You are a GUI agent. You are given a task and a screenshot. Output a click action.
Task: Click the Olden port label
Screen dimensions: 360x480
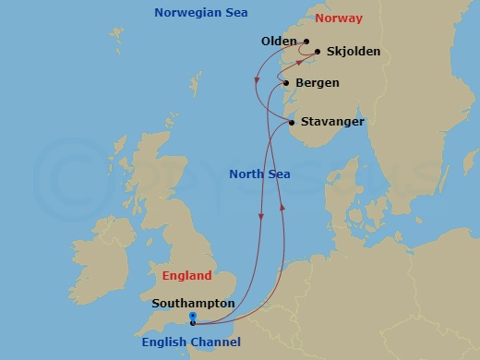pyautogui.click(x=279, y=42)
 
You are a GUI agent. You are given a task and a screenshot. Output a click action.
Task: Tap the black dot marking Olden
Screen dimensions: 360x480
pyautogui.click(x=306, y=42)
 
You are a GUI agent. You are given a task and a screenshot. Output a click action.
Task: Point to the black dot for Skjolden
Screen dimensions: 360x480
pyautogui.click(x=318, y=53)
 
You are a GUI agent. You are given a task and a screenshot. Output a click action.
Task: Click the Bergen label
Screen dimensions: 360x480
pyautogui.click(x=317, y=83)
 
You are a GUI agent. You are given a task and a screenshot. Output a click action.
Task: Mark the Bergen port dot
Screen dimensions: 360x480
pyautogui.click(x=288, y=84)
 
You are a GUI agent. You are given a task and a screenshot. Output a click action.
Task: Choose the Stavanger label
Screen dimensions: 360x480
pyautogui.click(x=332, y=122)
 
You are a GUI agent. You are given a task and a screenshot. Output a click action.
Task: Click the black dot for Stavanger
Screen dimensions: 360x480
pyautogui.click(x=292, y=123)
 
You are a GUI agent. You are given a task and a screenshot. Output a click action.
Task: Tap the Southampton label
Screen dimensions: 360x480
pyautogui.click(x=193, y=303)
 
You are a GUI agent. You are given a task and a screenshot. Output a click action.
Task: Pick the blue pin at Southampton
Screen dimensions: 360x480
pyautogui.click(x=192, y=319)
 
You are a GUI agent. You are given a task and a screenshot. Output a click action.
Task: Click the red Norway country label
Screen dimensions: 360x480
pyautogui.click(x=339, y=18)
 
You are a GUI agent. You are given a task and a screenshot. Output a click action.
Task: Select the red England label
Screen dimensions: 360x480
pyautogui.click(x=186, y=275)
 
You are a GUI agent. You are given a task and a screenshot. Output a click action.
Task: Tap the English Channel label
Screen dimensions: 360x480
pyautogui.click(x=191, y=342)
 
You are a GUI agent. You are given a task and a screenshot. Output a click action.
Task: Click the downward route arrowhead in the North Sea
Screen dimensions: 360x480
pyautogui.click(x=261, y=218)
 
